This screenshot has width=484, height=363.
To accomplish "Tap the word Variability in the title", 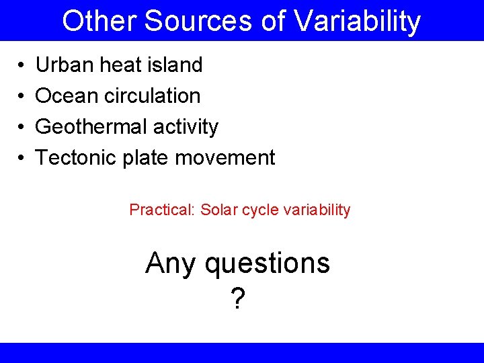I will (x=357, y=22).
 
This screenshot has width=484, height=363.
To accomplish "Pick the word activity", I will (x=186, y=127).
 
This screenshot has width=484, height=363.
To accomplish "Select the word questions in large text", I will (x=268, y=264).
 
